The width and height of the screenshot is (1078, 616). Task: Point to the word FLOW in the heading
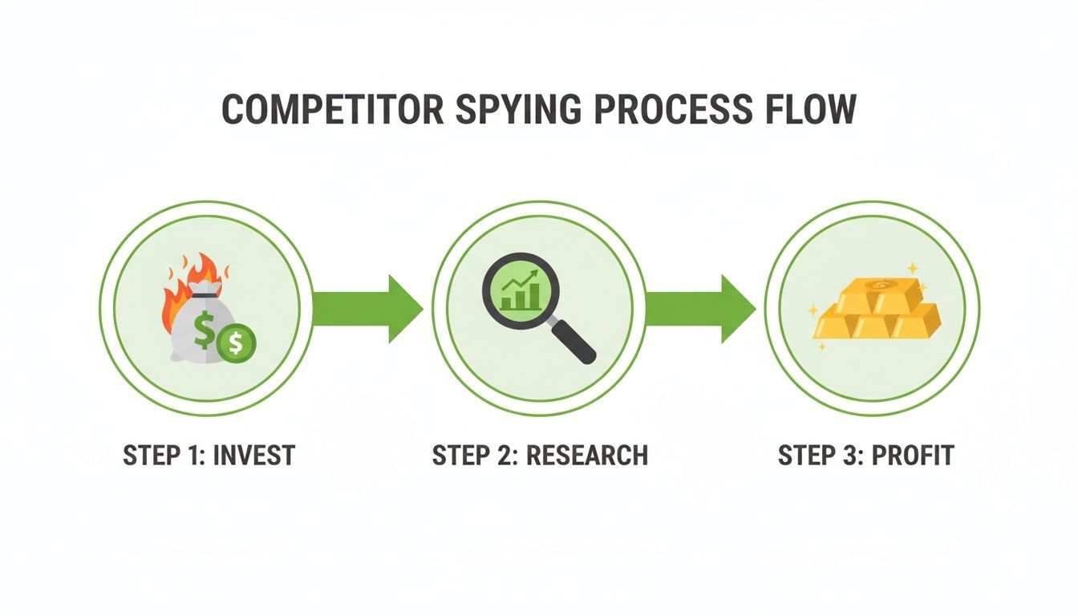click(x=809, y=109)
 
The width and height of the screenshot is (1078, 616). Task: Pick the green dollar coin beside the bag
click(x=235, y=343)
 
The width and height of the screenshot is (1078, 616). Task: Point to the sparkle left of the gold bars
click(x=813, y=309)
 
